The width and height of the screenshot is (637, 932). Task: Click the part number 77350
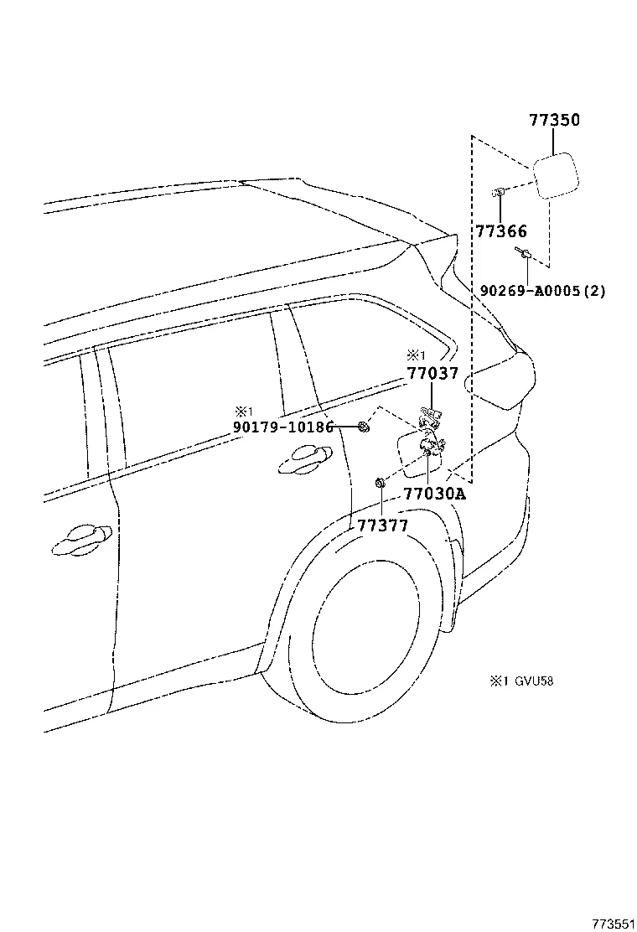coord(554,121)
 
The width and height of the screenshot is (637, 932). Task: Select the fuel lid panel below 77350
coord(554,174)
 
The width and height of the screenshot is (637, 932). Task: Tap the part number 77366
coord(501,231)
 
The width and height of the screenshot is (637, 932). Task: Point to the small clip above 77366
coord(498,193)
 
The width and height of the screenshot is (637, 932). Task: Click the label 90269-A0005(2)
coord(542,291)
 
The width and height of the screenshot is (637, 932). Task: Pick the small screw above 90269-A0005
coord(523,252)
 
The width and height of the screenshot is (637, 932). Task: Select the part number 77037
coord(433,374)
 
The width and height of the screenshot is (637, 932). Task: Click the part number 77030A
coord(433,494)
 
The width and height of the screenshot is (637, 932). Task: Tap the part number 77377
coord(382,526)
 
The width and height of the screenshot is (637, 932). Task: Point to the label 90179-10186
coord(284,427)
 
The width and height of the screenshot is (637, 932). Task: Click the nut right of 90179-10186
coord(364,427)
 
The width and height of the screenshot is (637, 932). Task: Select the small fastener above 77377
coord(380,483)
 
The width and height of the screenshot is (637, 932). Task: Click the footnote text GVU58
coord(533,681)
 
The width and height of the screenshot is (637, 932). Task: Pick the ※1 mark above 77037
coord(417,355)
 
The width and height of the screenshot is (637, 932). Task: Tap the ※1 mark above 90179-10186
coord(243,411)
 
